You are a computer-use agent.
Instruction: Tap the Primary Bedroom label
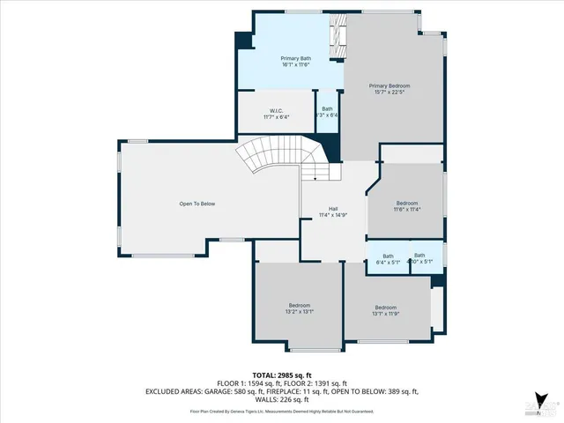[389, 85]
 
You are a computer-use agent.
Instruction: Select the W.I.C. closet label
[275, 111]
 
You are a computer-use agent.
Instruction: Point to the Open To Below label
[197, 204]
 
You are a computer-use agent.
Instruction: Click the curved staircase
[273, 160]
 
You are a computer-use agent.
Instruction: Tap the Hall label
[333, 209]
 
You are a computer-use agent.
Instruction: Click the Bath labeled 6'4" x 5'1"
[387, 259]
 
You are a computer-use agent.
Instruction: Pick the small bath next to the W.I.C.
[327, 112]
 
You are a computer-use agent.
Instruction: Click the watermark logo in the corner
[541, 404]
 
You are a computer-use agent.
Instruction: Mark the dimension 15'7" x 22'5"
[389, 92]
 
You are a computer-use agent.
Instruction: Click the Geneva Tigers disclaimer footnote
[281, 411]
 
